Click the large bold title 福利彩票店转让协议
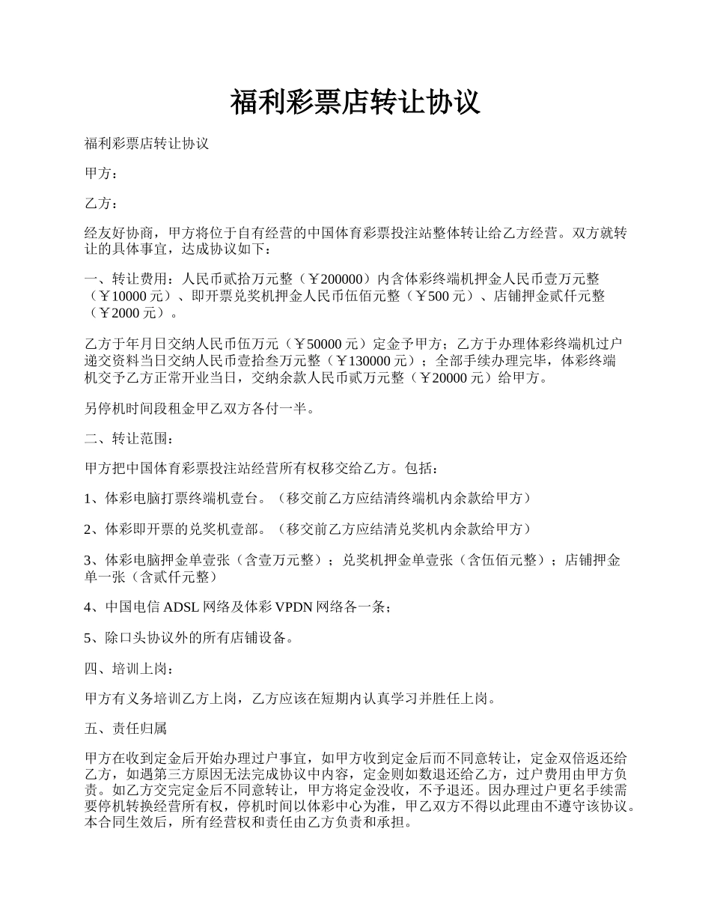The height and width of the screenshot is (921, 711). coord(355,103)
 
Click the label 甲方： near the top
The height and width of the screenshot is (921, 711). coord(101,174)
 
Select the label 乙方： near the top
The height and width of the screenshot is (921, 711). coord(101,204)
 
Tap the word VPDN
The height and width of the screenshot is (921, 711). coord(294,608)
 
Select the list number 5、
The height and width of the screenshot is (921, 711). coord(94,638)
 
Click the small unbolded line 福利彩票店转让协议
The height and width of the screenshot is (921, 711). coord(147,143)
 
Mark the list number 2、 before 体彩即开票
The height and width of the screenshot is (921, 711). coord(94,529)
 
